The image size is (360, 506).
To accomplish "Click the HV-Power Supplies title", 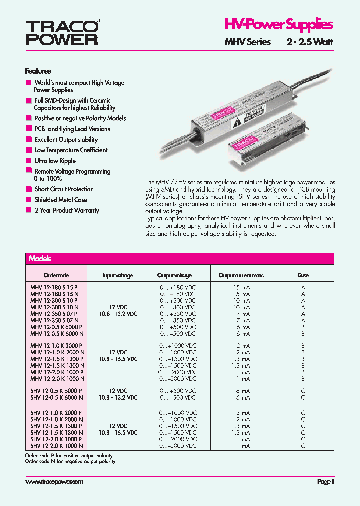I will click(278, 25).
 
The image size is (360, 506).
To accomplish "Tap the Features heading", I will click(38, 71).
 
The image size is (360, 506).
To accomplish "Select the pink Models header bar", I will click(179, 259).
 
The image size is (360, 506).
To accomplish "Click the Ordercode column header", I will click(56, 275).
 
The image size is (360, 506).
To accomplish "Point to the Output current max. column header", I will click(241, 275).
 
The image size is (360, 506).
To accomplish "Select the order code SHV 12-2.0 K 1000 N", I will click(56, 446).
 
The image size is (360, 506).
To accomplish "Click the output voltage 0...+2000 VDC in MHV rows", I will click(178, 372).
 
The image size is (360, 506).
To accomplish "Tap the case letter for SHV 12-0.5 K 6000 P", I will click(303, 391).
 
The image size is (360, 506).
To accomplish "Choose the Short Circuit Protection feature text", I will click(64, 189).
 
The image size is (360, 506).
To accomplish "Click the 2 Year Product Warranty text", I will click(67, 210).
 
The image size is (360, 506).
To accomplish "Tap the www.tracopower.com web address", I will click(54, 482).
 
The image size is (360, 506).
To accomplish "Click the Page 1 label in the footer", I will click(325, 482).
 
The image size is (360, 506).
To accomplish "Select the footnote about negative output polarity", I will click(70, 462).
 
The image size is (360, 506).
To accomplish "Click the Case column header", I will click(303, 275).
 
